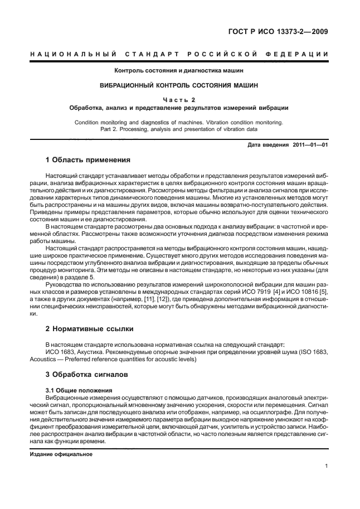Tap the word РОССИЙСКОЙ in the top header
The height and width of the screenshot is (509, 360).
point(218,54)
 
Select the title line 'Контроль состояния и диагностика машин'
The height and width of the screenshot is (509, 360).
point(179,71)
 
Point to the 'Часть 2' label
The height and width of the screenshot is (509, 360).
point(179,99)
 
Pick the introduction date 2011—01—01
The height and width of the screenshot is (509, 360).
point(310,144)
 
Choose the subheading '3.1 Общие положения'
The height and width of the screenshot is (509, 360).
point(79,390)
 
